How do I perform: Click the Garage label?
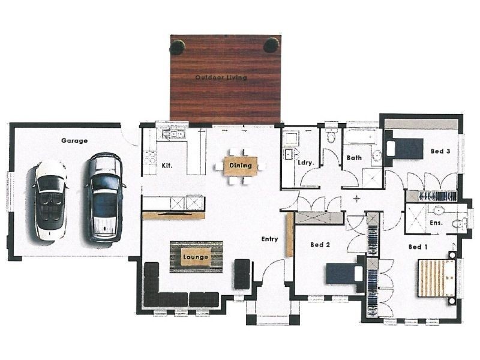[x=74, y=141]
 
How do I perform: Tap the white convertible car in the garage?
[x=50, y=200]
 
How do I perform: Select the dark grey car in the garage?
[x=104, y=197]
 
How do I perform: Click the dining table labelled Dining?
[x=241, y=166]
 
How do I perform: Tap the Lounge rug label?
[x=196, y=257]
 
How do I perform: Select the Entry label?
[x=269, y=239]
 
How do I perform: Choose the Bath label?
[x=354, y=158]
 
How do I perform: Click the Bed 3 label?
[x=440, y=151]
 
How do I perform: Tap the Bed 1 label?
[x=418, y=247]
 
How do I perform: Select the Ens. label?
[x=436, y=223]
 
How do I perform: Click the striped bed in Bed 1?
[x=437, y=277]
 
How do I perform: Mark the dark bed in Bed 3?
[x=406, y=148]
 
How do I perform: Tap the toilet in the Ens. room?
[x=458, y=223]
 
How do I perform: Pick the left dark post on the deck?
[x=178, y=46]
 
